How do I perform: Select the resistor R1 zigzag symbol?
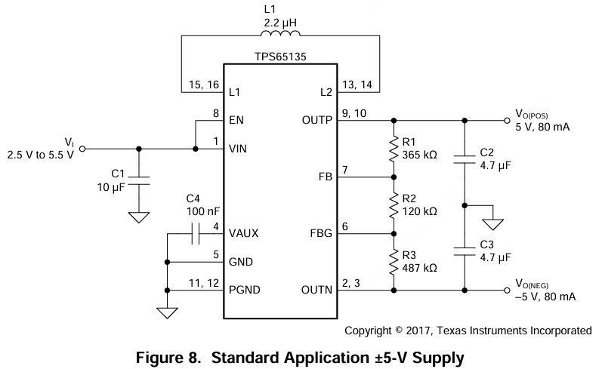point(394,148)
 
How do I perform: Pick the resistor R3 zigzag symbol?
point(394,261)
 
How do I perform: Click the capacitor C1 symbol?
point(139,181)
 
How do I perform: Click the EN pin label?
point(236,120)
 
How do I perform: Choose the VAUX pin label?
point(244,234)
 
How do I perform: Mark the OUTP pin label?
point(317,120)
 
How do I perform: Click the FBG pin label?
point(322,234)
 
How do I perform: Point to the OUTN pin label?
point(317,291)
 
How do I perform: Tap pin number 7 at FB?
point(345,169)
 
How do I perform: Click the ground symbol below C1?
point(139,217)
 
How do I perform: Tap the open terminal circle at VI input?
point(82,149)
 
